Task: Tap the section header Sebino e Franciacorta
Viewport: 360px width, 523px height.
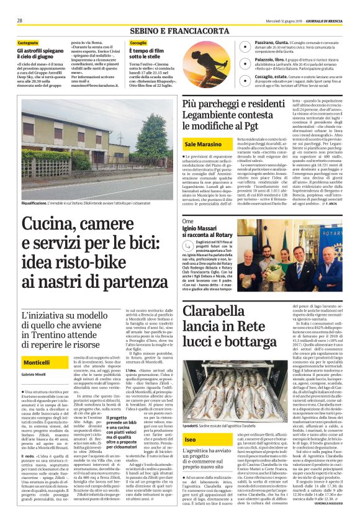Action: click(179, 30)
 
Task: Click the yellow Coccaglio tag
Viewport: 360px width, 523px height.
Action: click(139, 43)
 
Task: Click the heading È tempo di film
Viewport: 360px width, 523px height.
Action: click(145, 53)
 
